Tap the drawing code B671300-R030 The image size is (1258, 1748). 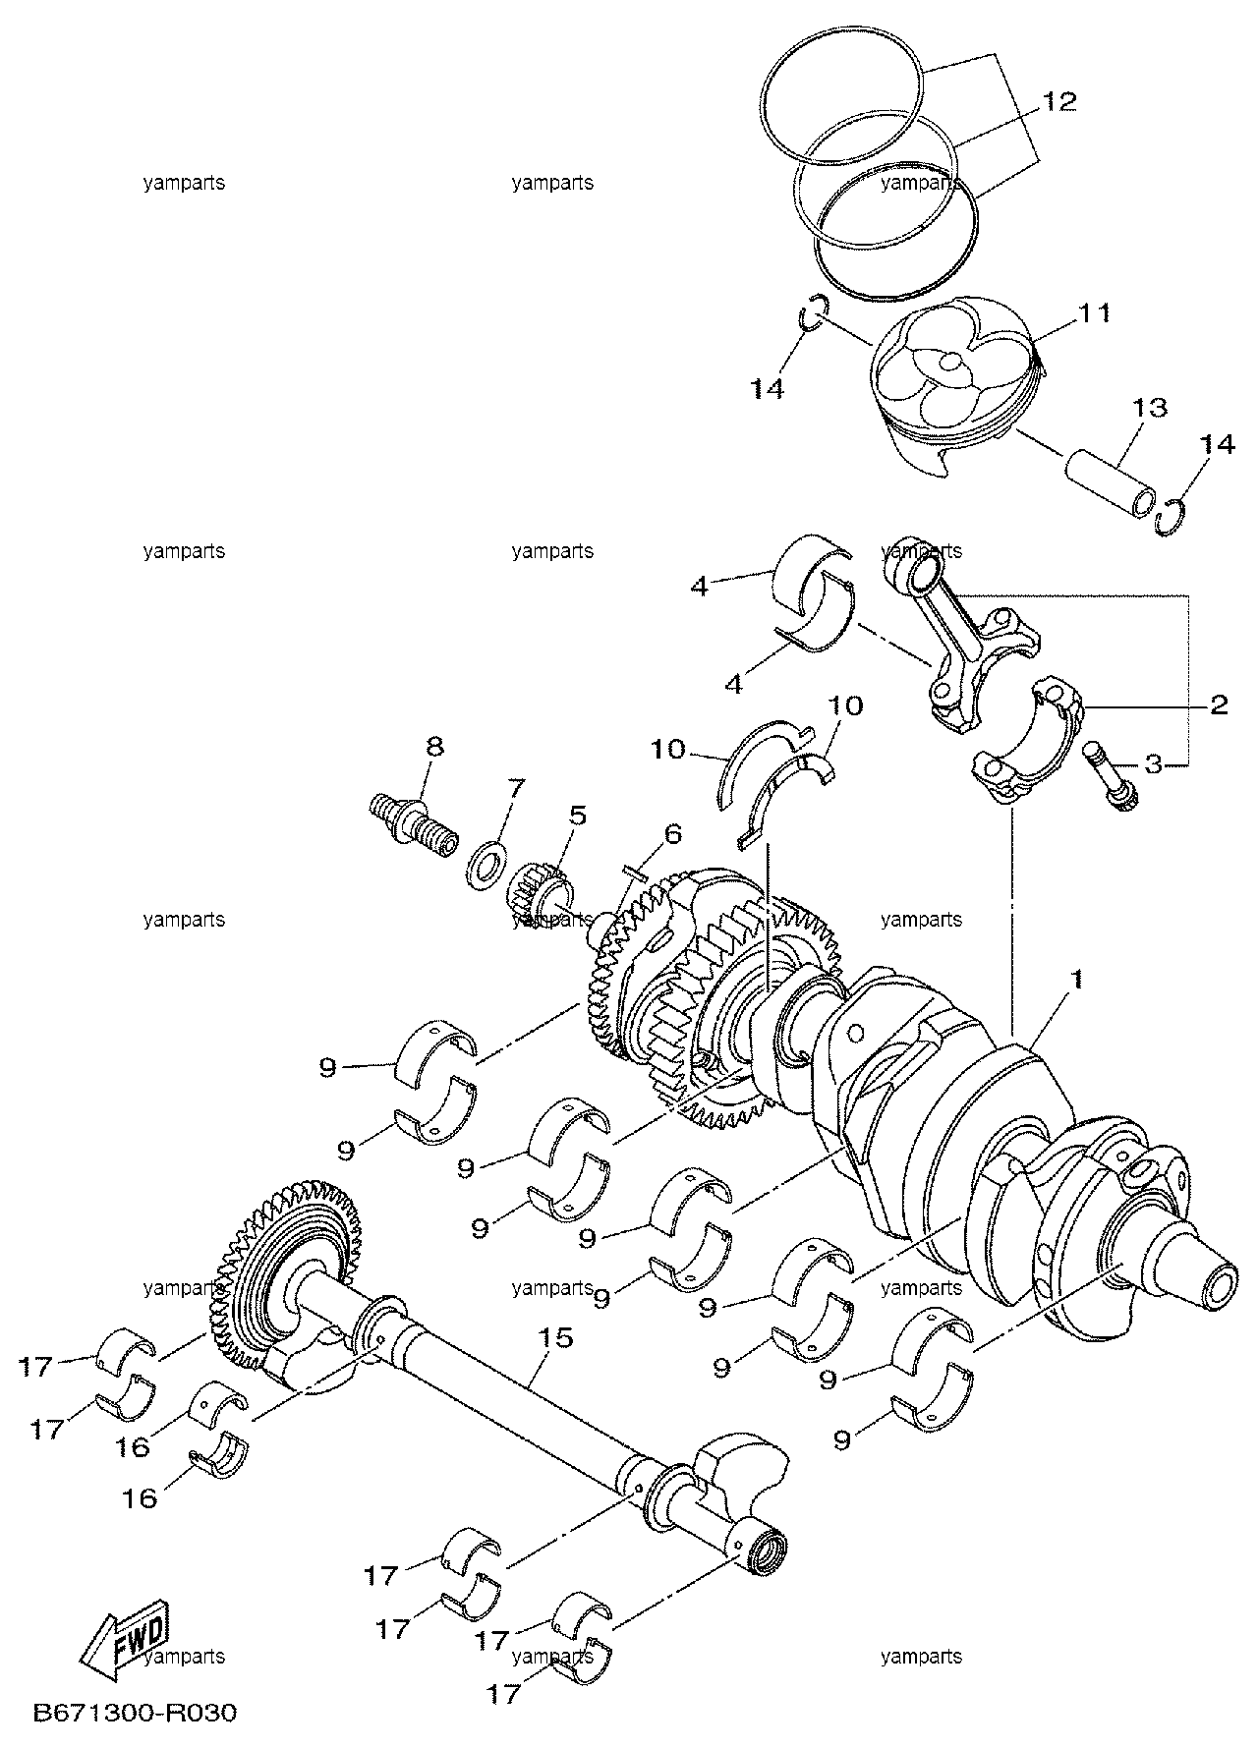point(136,1713)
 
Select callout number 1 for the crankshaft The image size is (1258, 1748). point(1077,979)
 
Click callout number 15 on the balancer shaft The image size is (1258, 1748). point(555,1338)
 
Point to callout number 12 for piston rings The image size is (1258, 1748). point(1059,101)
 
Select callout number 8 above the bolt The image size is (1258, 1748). point(434,746)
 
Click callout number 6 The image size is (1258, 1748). point(672,834)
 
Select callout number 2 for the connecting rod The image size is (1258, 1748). point(1219,704)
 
